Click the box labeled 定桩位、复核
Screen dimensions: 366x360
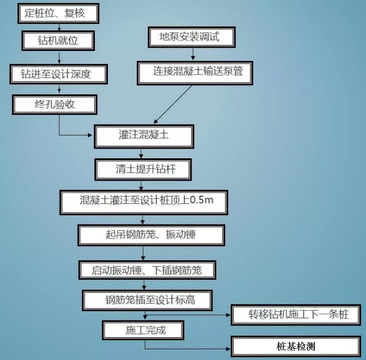[x=59, y=14]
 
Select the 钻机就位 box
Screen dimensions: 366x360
[x=58, y=41]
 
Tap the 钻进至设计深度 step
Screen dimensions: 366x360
[x=59, y=74]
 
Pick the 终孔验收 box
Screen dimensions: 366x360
[x=55, y=104]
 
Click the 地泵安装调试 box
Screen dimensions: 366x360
[x=191, y=37]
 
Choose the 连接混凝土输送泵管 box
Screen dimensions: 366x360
[x=195, y=73]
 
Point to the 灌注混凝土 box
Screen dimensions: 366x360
[x=144, y=137]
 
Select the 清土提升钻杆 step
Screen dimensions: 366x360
[x=143, y=170]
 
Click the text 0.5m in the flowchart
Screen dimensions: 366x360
[x=202, y=200]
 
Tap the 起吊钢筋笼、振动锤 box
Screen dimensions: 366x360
[x=151, y=235]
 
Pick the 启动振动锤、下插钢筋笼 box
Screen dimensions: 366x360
[x=147, y=270]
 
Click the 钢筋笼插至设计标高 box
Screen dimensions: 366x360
[x=147, y=300]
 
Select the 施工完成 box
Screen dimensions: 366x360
[x=143, y=330]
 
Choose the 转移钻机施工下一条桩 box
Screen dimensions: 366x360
[x=296, y=315]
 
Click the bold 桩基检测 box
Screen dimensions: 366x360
[x=296, y=346]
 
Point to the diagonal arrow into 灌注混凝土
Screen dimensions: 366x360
[x=173, y=104]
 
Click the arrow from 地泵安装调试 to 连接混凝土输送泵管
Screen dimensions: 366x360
[x=193, y=54]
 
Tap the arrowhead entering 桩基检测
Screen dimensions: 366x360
[x=228, y=349]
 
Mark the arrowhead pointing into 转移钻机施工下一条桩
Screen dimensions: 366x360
[x=228, y=315]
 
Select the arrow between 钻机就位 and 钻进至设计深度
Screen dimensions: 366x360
[x=59, y=57]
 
